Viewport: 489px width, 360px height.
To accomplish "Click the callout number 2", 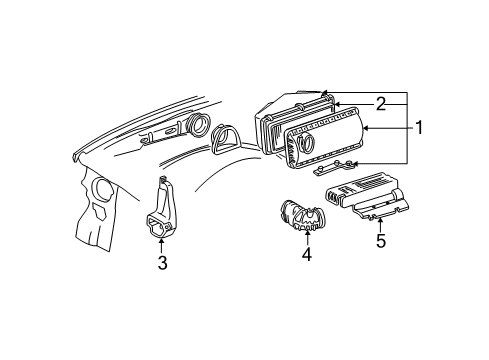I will click(380, 103).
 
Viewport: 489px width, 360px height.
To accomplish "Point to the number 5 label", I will click(380, 240).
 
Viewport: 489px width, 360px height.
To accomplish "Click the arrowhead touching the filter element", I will click(338, 104).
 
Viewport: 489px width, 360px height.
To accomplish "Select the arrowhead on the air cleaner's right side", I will click(366, 127).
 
